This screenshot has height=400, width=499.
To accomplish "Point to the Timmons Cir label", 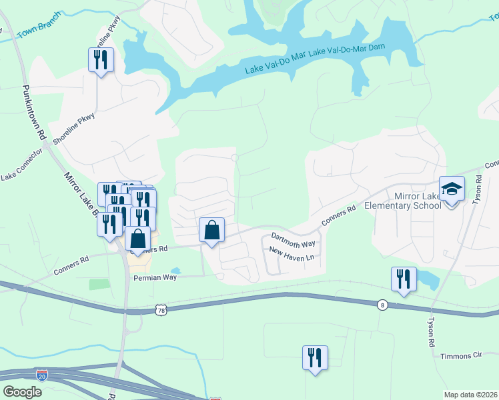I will pos(461,356).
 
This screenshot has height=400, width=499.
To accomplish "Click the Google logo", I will pos(22,392).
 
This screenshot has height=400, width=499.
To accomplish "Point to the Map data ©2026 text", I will pos(470,395).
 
